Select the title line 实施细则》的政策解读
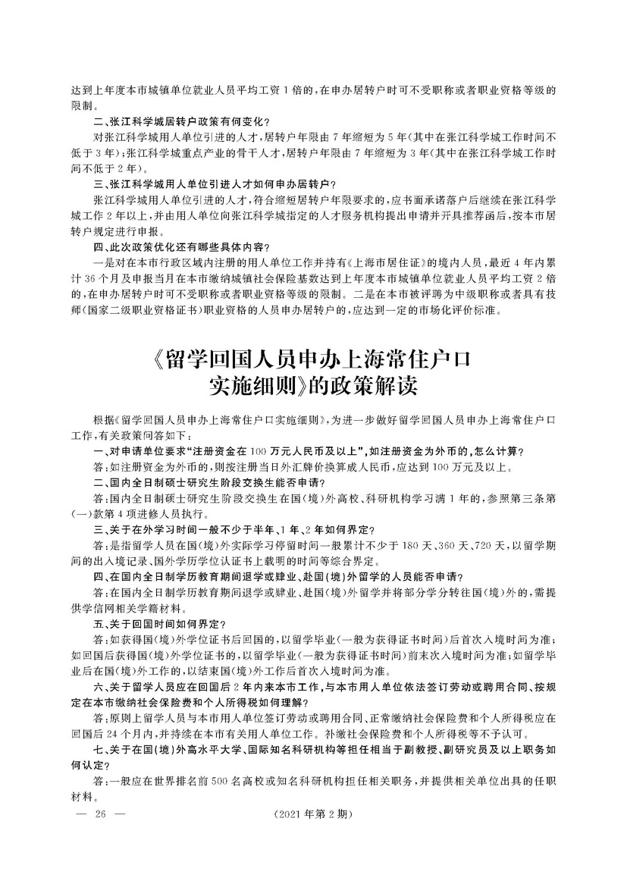click(x=312, y=385)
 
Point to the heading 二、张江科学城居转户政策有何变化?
click(x=181, y=121)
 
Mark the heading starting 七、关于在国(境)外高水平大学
click(x=318, y=751)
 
